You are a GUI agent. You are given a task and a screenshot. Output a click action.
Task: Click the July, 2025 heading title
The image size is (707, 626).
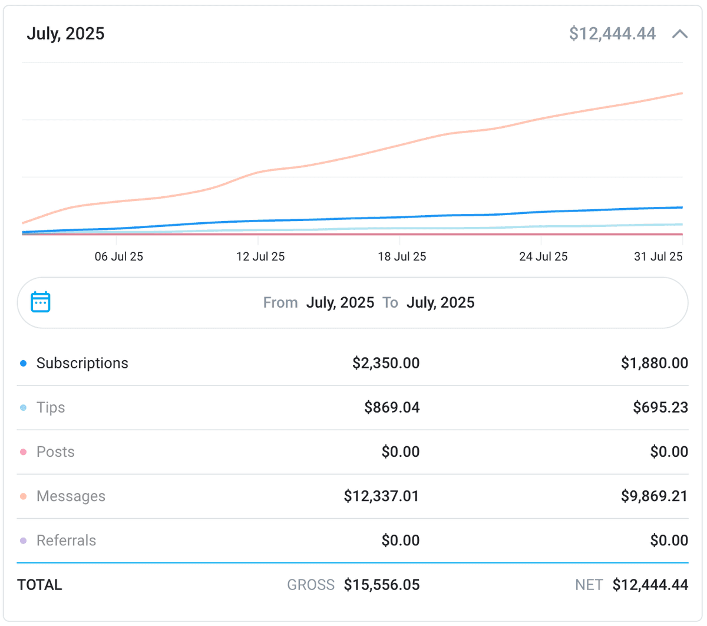coord(65,34)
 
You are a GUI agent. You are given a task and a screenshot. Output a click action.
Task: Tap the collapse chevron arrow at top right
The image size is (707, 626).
coord(680,34)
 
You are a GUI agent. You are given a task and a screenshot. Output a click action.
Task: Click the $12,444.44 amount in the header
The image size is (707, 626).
coord(612,34)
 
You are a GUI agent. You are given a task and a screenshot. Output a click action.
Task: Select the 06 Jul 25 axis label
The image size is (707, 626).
coord(119,256)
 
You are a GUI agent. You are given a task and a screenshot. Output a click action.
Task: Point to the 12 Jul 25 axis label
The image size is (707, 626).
coord(260,256)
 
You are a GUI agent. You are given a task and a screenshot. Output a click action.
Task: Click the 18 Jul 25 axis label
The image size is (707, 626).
coord(402,256)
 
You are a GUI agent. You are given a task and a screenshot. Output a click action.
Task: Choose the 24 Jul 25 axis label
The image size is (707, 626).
coord(543,256)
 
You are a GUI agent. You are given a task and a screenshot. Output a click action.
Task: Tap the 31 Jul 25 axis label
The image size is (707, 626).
coord(658,256)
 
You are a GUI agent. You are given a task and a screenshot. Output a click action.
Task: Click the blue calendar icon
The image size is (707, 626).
coord(41,302)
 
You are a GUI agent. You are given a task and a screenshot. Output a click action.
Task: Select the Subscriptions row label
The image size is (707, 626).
coord(82,363)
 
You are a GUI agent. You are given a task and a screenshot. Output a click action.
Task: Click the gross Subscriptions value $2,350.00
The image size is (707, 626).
coord(386,363)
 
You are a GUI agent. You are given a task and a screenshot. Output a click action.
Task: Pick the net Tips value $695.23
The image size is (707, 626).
coord(660,407)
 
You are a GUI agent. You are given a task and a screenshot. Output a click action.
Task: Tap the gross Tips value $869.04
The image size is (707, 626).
coord(392,407)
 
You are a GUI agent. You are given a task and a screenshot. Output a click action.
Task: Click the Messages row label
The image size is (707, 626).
coord(71,496)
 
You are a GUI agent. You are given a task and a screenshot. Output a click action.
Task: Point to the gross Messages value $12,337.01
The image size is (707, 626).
coord(381,496)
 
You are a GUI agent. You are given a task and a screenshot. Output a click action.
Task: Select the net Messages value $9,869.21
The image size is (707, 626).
coord(654,496)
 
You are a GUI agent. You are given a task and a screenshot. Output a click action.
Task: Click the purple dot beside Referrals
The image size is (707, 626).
coord(24,541)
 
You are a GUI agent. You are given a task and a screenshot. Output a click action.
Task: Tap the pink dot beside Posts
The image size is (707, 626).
coord(24,452)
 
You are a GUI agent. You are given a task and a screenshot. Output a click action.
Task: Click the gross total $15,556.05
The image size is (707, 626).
coord(382,585)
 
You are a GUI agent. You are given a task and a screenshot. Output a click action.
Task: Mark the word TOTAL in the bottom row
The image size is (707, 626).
coord(39,585)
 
